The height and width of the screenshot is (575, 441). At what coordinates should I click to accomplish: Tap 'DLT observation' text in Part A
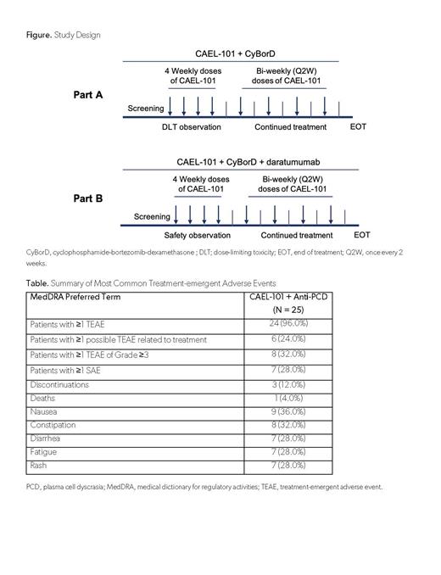pos(191,126)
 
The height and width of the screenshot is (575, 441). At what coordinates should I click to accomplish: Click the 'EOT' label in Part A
pos(359,126)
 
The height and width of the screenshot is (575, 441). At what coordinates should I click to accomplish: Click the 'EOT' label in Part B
pos(362,234)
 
